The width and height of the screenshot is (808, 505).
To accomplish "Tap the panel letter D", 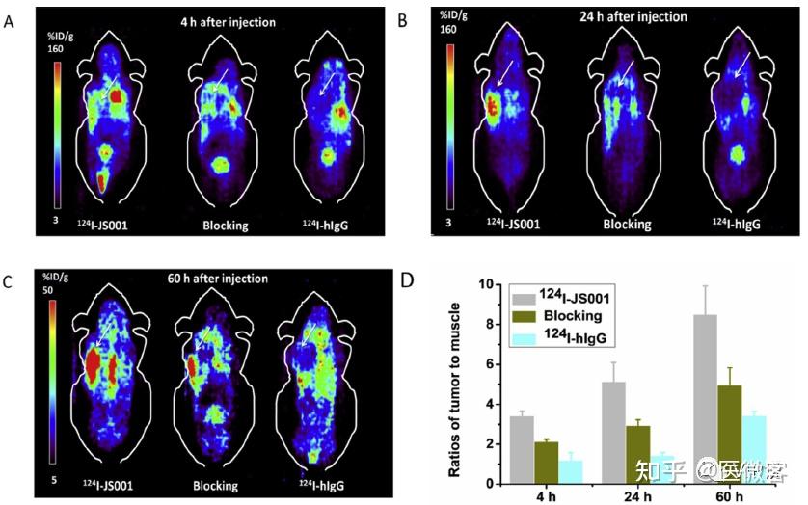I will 408,281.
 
